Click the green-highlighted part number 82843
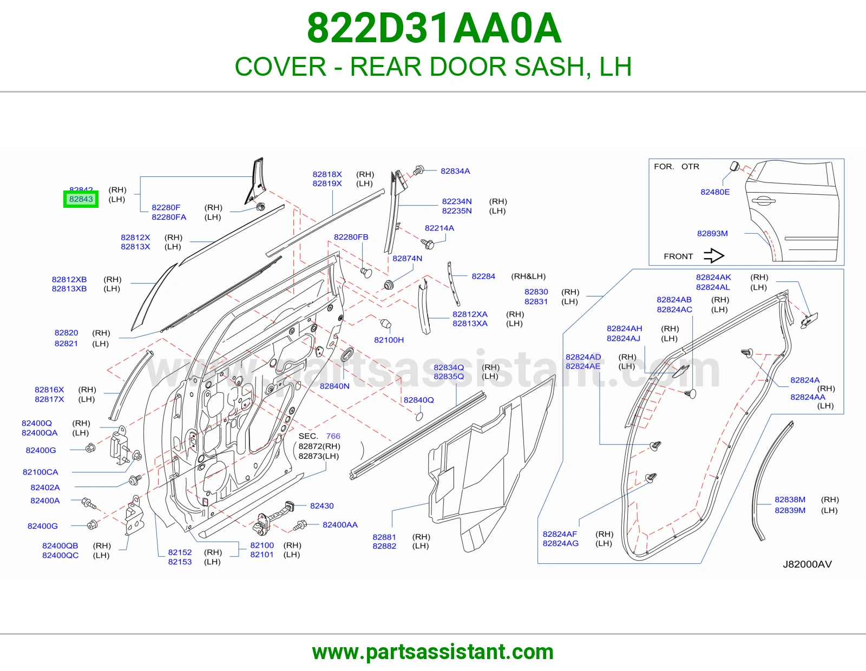[81, 199]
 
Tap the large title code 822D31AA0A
[434, 29]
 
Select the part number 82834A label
[455, 171]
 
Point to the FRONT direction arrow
[714, 256]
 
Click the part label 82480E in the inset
[715, 192]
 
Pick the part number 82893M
[712, 233]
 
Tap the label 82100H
[389, 340]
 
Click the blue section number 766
[333, 436]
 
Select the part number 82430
[322, 505]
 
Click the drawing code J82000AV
[808, 564]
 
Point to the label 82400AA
[340, 525]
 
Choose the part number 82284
[483, 276]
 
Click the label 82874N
[408, 258]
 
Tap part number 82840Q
[418, 400]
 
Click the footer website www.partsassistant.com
[433, 652]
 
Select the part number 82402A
[45, 488]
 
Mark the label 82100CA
[40, 472]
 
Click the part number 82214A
[439, 228]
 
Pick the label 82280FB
[351, 236]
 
